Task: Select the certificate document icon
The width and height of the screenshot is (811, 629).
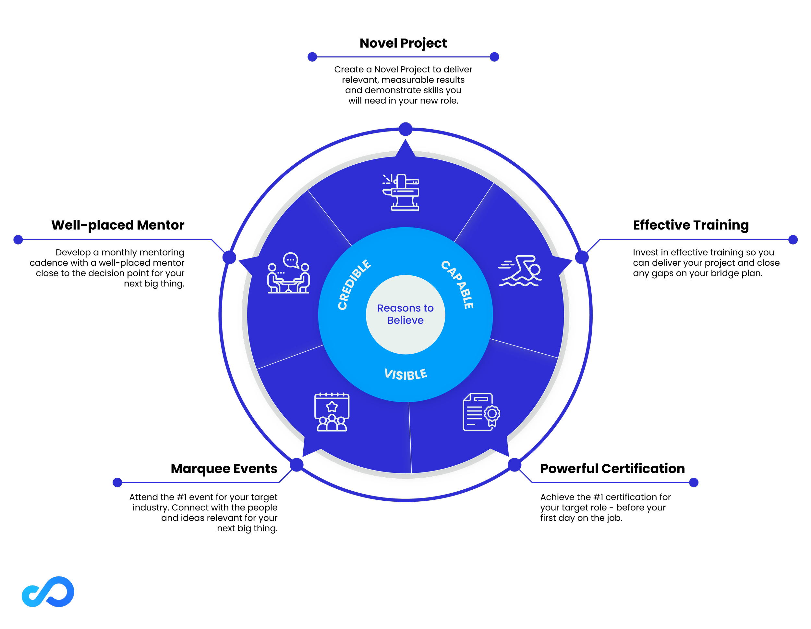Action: coord(481,412)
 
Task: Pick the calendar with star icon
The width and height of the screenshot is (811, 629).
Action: coord(332,412)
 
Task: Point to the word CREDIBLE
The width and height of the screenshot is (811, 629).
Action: coord(354,284)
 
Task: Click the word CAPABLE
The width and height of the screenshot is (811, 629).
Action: coord(458,284)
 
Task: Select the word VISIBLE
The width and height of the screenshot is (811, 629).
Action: coord(405,374)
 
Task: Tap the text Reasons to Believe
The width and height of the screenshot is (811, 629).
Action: coord(405,314)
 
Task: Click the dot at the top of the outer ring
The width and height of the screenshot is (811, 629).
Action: coord(405,129)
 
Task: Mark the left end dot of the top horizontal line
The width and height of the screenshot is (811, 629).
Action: coord(312,57)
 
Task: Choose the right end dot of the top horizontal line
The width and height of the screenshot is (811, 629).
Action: coord(494,57)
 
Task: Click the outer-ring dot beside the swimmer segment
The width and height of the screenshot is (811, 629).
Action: coord(582,257)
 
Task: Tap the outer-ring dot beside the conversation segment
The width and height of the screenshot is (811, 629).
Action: coord(229,257)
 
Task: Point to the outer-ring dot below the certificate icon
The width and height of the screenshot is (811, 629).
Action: coord(514,465)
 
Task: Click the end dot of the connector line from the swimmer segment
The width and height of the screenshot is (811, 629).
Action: coord(793,240)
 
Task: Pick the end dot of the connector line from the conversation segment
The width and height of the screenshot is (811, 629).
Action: coord(18,240)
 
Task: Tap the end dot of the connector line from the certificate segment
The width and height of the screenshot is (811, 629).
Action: coord(694,483)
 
